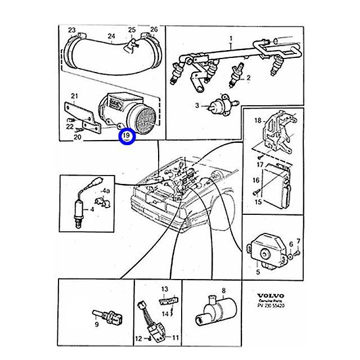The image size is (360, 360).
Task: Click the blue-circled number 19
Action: point(127,136)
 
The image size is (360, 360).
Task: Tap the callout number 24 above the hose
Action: point(111,37)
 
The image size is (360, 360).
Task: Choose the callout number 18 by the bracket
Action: point(258,120)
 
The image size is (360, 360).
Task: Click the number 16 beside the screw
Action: point(255,181)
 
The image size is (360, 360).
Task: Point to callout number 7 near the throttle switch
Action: point(299,242)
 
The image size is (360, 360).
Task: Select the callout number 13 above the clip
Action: point(165,289)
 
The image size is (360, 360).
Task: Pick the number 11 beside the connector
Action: point(175,338)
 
